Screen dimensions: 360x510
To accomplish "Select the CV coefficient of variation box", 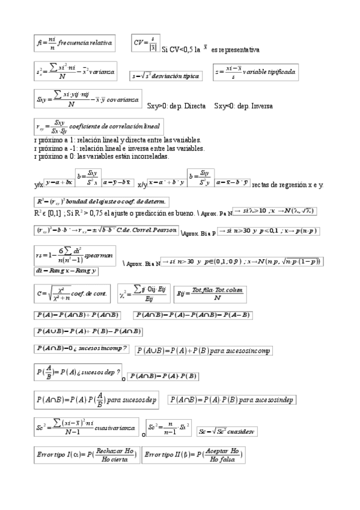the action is tap(145, 43).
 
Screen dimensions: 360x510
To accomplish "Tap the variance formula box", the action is tap(76, 72).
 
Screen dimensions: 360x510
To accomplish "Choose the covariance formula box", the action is tap(88, 99).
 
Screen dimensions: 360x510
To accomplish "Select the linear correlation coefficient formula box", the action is tap(98, 127).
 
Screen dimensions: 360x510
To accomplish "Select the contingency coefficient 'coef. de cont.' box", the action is tap(72, 293).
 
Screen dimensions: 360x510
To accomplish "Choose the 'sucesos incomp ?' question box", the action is tap(82, 348).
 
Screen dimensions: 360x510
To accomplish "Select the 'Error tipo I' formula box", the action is tap(87, 455).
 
